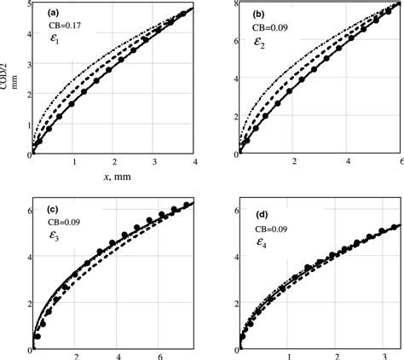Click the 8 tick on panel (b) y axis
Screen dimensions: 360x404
[231, 7]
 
